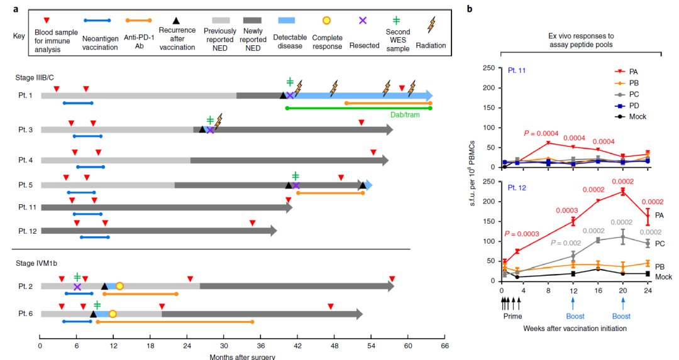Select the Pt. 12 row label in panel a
click(x=27, y=231)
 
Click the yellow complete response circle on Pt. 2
click(x=119, y=286)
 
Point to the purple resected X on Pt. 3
click(x=210, y=129)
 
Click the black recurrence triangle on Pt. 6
click(x=93, y=314)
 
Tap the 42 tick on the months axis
click(x=297, y=345)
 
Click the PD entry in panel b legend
click(x=633, y=106)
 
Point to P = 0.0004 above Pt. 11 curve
click(x=541, y=133)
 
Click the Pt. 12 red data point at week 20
click(x=622, y=192)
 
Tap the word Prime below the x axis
click(x=512, y=317)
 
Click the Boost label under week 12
click(x=573, y=317)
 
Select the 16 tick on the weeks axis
click(x=598, y=291)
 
